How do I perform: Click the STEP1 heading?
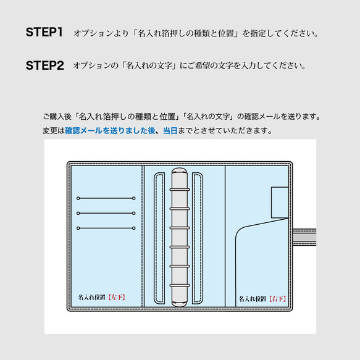coord(44,33)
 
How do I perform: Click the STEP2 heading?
coord(44,65)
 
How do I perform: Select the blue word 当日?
coord(170,131)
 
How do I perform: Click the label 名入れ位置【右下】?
coord(262,299)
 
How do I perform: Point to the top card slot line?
coord(106,198)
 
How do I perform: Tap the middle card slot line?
coord(106,214)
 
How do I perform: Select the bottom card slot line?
coord(106,228)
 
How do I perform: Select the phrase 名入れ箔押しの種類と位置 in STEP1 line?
coord(185,33)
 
